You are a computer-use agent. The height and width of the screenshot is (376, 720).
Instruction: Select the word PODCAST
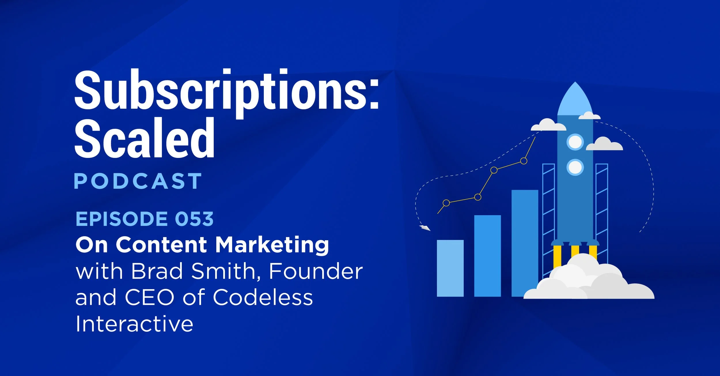point(138,181)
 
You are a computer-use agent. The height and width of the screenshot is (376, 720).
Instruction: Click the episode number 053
point(194,219)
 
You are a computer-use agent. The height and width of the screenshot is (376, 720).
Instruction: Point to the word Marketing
point(272,245)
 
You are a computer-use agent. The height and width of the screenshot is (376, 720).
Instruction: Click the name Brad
point(157,271)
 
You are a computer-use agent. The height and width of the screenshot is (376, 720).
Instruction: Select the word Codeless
point(263,297)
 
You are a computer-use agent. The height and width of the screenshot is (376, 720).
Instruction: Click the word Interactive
point(134,324)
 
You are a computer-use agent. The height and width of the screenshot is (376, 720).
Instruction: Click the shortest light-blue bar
point(450,268)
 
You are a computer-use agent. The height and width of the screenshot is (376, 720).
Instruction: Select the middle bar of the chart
point(487,256)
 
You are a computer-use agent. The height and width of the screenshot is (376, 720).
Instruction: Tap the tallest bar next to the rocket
point(524,243)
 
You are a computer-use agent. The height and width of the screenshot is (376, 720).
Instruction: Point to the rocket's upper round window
point(575,142)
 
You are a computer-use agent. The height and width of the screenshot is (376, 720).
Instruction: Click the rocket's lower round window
point(575,167)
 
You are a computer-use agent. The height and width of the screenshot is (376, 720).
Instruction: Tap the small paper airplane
point(425,228)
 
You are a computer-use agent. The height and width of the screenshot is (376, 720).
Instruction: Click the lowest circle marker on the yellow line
point(446,203)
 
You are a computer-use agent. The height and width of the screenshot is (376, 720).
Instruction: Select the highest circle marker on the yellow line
point(524,161)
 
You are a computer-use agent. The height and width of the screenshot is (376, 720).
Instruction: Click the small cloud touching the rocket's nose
point(589,116)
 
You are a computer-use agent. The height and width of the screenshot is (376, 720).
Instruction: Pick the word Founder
point(316,271)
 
